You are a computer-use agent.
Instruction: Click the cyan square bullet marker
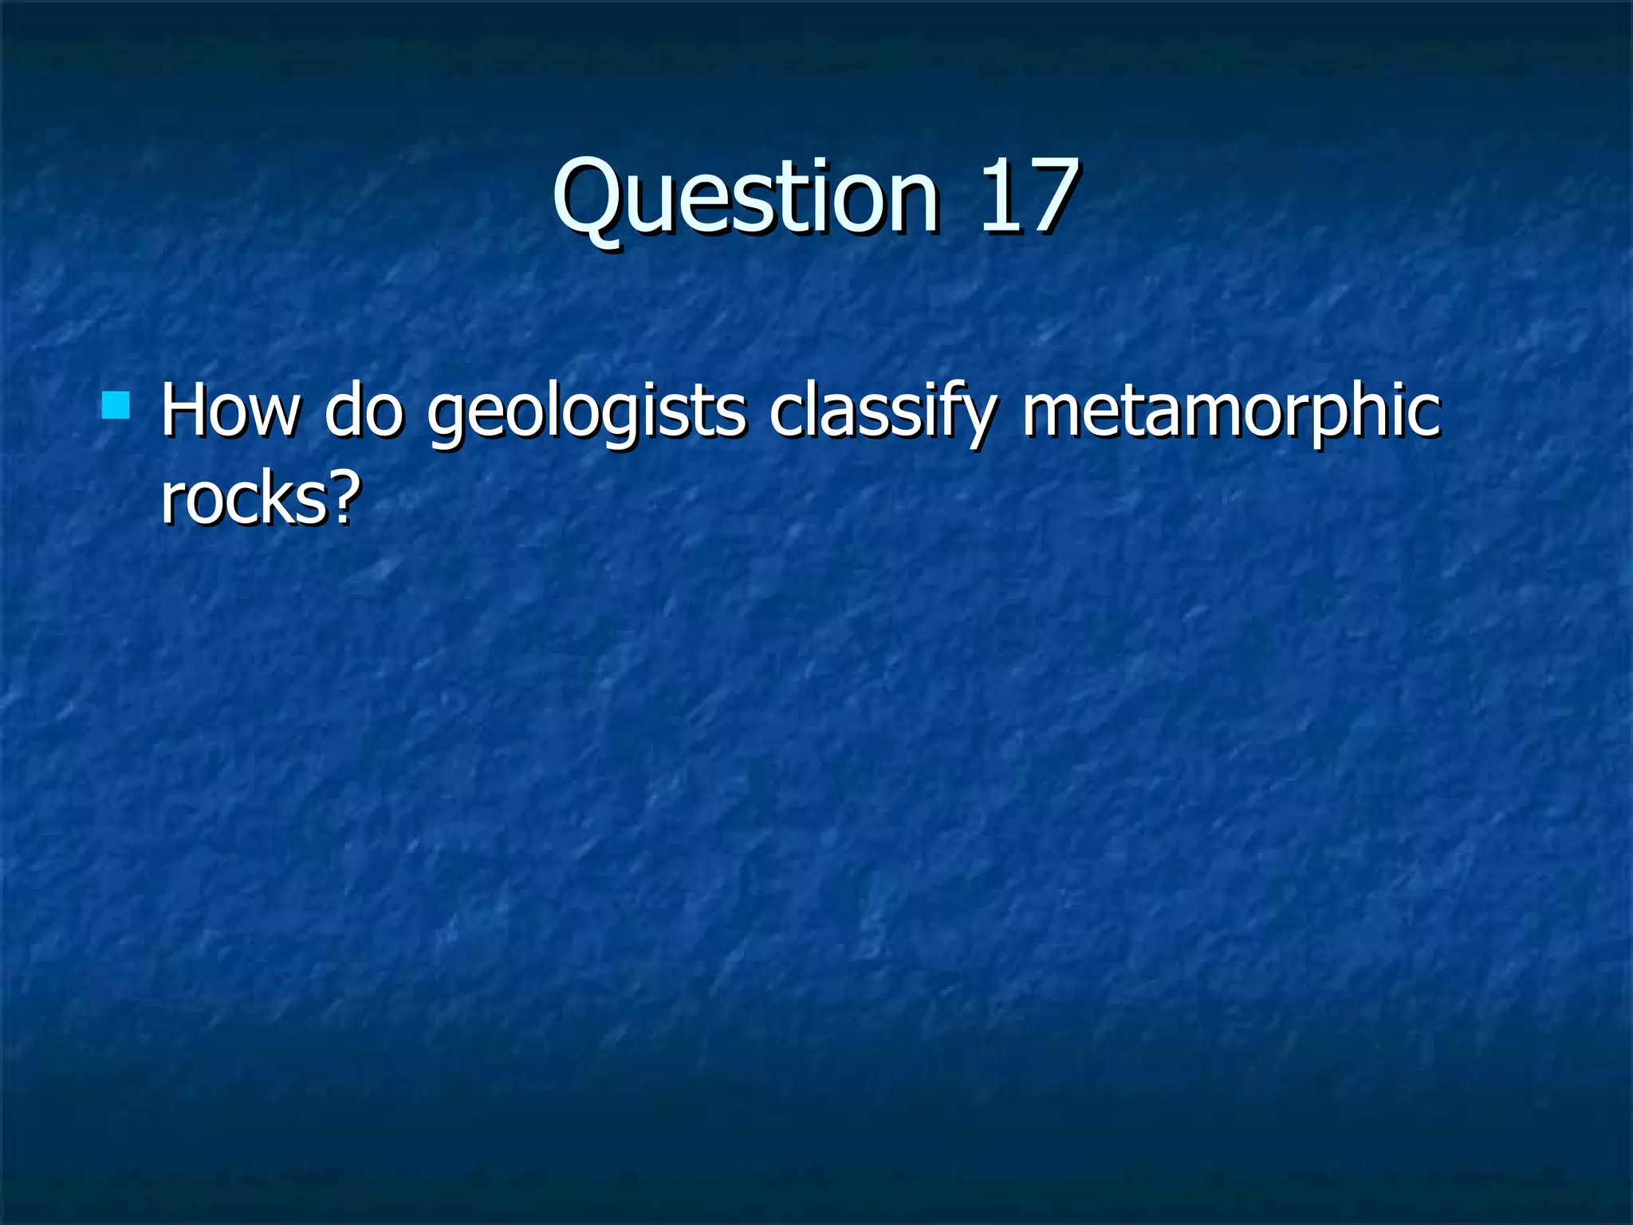coord(116,405)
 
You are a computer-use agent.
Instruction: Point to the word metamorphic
coord(1231,413)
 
